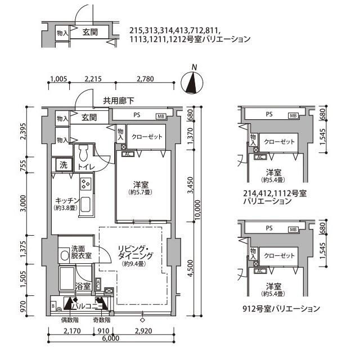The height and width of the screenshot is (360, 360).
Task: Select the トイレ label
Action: (x=85, y=166)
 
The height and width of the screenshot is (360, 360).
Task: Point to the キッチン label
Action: (x=66, y=200)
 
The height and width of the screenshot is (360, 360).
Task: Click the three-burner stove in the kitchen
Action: (x=86, y=183)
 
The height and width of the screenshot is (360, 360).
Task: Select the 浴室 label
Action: (x=83, y=287)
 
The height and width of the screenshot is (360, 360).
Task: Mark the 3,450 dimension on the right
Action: (x=190, y=188)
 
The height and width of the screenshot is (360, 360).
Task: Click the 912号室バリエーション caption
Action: (x=281, y=309)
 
